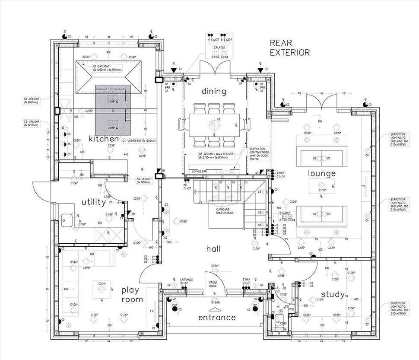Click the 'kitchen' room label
[103, 139]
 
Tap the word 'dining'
[214, 91]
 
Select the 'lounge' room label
[322, 173]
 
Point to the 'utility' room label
[94, 202]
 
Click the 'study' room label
[333, 295]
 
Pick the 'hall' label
[213, 249]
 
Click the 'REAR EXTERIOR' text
[289, 48]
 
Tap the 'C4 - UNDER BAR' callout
[139, 141]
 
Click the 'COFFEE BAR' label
[200, 172]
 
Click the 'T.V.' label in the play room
[151, 311]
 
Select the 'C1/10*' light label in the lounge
[322, 190]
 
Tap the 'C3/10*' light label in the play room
[102, 284]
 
